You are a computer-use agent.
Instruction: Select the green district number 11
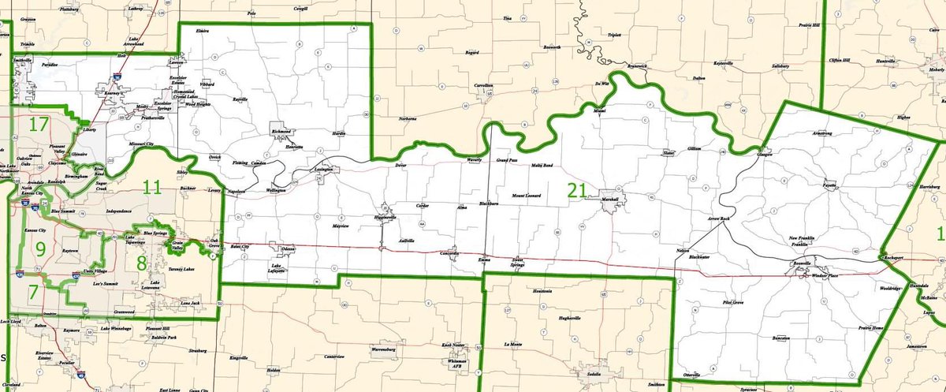point(152,187)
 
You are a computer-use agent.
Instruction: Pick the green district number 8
point(142,263)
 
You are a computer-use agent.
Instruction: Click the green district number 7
point(33,293)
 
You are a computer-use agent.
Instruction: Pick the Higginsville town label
point(386,218)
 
